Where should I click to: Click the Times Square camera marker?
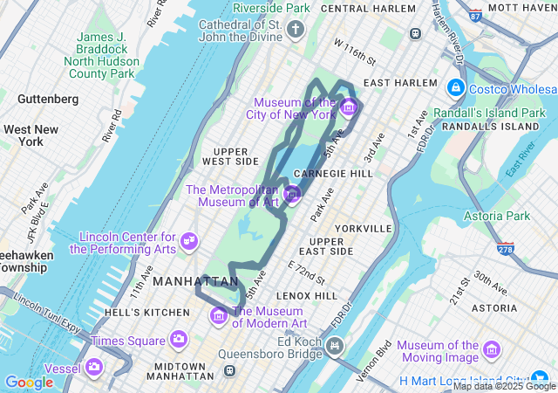point(179,339)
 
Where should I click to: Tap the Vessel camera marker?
point(93,367)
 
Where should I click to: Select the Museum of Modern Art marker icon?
point(219,314)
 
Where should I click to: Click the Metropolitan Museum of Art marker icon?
point(292,193)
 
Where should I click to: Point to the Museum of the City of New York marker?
point(348,107)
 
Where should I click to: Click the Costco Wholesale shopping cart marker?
point(455,88)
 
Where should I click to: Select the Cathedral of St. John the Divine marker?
point(296,31)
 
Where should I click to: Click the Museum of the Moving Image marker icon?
point(492,350)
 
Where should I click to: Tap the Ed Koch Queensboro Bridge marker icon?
point(334,348)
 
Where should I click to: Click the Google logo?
point(29,382)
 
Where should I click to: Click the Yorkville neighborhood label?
point(363,228)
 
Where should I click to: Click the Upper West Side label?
point(230,155)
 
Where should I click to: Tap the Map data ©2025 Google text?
point(504,386)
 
